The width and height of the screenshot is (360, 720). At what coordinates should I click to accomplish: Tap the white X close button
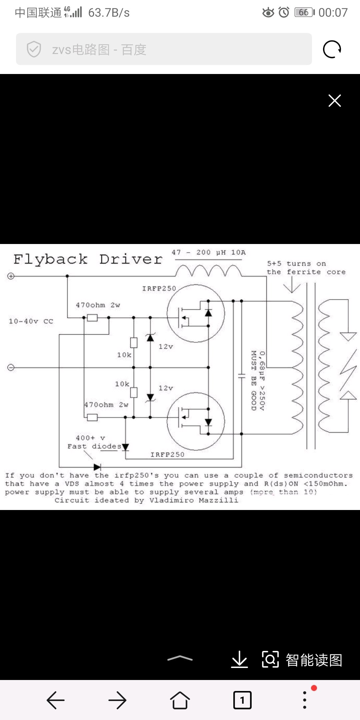click(334, 100)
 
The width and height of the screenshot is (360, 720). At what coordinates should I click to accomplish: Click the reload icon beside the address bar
click(332, 49)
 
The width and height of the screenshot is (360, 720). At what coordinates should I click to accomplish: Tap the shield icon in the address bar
click(34, 49)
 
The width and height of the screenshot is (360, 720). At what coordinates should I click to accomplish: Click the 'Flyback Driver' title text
click(88, 259)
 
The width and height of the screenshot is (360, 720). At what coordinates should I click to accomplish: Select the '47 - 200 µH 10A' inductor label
click(209, 253)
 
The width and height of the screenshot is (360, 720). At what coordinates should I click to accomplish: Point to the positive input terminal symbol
click(11, 276)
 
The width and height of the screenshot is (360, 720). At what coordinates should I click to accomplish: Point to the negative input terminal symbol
click(11, 367)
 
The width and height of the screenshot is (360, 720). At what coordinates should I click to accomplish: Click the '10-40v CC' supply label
click(31, 321)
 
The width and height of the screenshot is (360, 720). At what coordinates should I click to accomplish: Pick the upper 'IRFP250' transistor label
click(159, 289)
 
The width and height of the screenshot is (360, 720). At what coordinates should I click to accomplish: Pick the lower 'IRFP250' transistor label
click(167, 455)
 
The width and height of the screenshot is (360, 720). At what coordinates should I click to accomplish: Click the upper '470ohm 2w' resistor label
click(98, 305)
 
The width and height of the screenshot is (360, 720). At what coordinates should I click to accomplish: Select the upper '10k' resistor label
click(124, 355)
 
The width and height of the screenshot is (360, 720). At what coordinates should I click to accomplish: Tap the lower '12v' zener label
click(166, 388)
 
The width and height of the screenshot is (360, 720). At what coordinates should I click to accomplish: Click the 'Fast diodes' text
click(94, 446)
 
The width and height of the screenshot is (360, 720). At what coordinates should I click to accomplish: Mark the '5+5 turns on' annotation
click(296, 264)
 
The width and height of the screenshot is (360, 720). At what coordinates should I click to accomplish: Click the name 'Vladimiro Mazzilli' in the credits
click(194, 500)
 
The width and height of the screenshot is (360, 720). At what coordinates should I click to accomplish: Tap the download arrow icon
click(239, 660)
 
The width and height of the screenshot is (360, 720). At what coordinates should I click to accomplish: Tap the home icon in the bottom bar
click(180, 700)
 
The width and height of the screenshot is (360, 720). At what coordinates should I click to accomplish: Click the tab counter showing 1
click(242, 700)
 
